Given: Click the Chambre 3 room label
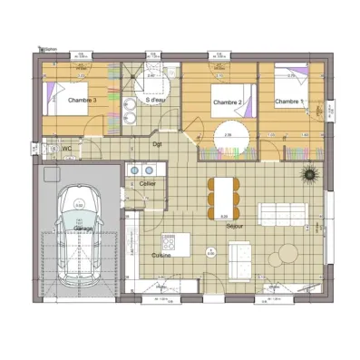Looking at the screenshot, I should click(x=82, y=102).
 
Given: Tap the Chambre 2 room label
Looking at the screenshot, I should click(x=227, y=102).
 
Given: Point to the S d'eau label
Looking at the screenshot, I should click(x=156, y=76).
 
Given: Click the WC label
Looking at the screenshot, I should click(x=66, y=149).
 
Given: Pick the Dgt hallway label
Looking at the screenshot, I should click(x=157, y=143).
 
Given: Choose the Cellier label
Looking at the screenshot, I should click(x=147, y=183).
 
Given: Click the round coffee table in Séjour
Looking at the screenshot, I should click(x=286, y=252).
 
